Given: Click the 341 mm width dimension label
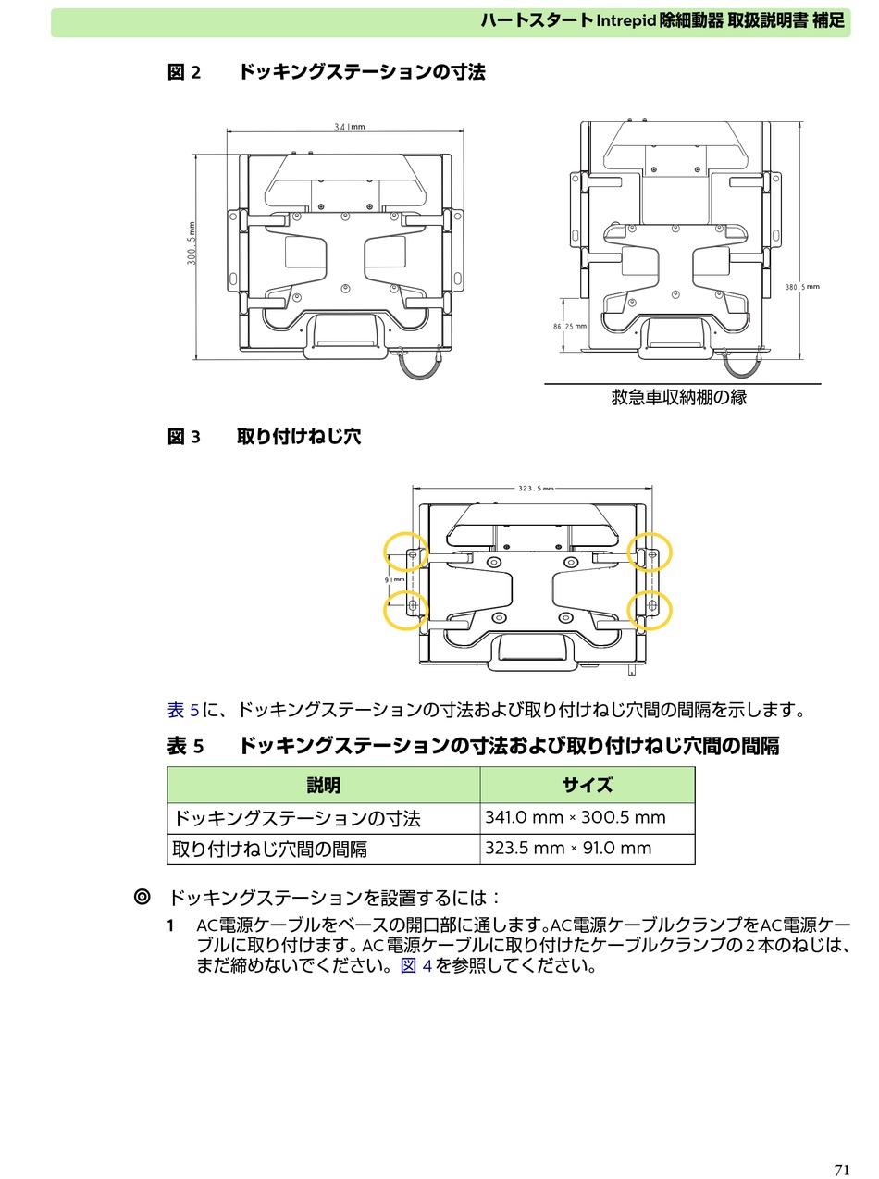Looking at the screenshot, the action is click(x=349, y=127).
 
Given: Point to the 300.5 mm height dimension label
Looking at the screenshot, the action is click(x=192, y=242).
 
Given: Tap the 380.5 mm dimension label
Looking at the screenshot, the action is click(x=802, y=287).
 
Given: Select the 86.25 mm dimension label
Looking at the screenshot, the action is click(x=570, y=326).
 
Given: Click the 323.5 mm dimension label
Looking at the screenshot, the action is click(x=536, y=489).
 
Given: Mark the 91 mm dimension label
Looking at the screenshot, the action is click(x=394, y=579).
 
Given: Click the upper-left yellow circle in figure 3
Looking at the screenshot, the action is click(x=405, y=552).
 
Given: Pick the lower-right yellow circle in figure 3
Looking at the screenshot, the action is click(x=650, y=610).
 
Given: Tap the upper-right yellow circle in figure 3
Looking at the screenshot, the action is click(x=650, y=552).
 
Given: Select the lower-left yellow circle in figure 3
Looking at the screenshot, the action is click(x=405, y=610).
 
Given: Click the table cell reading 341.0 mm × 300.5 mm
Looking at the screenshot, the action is click(x=587, y=818).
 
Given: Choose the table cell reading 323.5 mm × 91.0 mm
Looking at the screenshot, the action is click(x=587, y=849).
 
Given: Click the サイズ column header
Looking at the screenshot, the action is click(x=587, y=786).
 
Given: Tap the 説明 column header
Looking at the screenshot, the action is click(x=323, y=786).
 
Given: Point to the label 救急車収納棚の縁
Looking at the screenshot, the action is click(x=679, y=398).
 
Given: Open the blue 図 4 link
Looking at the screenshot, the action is click(x=416, y=966).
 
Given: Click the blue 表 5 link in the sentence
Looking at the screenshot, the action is click(x=183, y=710).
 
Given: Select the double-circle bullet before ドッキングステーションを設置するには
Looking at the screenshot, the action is click(x=142, y=897).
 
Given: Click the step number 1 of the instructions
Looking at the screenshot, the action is click(x=170, y=926).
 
